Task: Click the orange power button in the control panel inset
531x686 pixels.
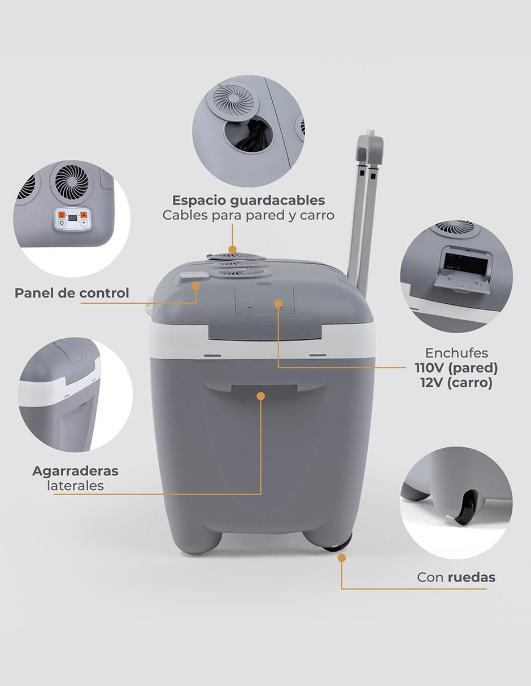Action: (62, 215)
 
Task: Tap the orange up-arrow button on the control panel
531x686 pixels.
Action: (84, 215)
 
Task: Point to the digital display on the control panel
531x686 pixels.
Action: (73, 217)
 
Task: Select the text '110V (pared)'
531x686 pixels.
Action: (456, 368)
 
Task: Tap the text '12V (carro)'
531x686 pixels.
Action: (456, 383)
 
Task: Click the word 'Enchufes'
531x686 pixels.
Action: (456, 353)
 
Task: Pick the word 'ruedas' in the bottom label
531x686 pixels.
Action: (471, 578)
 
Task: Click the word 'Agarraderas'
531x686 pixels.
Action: (75, 471)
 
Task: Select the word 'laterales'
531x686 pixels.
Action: (76, 486)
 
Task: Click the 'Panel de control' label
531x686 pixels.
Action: (72, 293)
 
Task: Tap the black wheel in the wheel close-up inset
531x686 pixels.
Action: (467, 509)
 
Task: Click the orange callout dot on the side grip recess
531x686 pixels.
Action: (261, 396)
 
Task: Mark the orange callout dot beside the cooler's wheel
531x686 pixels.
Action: (342, 558)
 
